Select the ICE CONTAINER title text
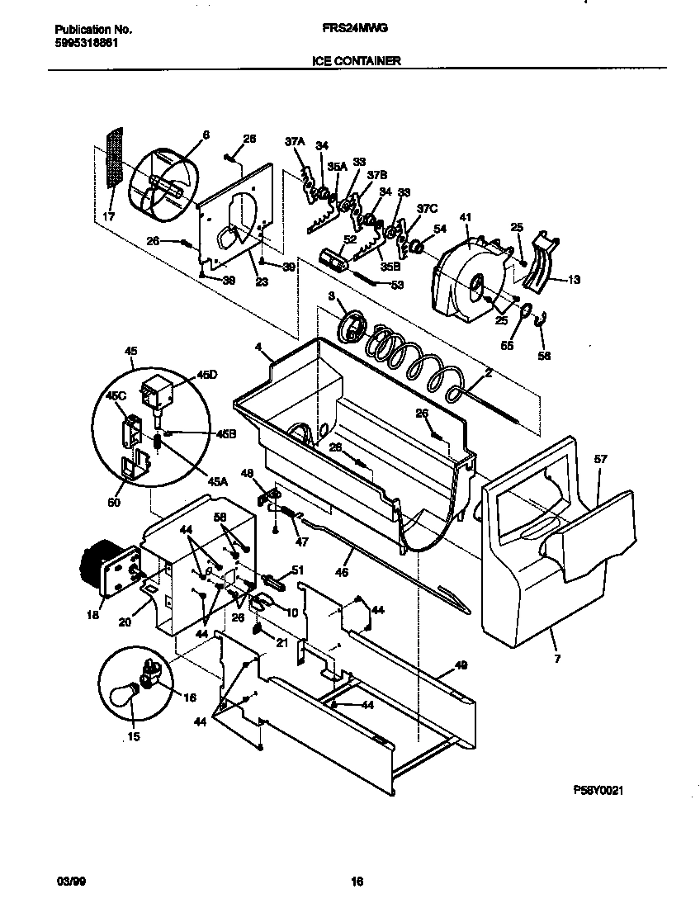click(x=357, y=61)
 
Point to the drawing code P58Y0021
click(x=598, y=790)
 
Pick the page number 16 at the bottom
click(x=357, y=881)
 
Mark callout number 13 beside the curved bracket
click(x=574, y=280)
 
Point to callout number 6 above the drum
click(x=206, y=135)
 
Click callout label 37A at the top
click(x=295, y=142)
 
